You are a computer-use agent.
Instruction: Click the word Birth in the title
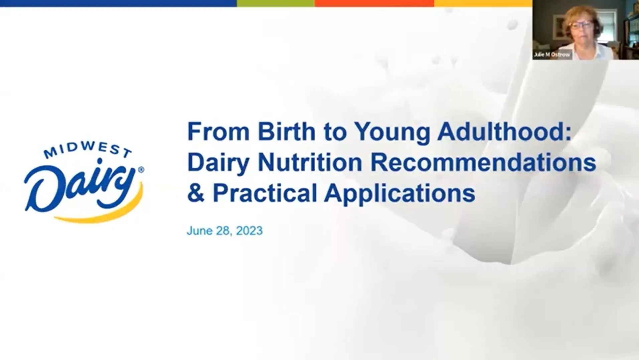tap(286, 132)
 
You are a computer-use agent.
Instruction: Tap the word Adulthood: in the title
tap(504, 132)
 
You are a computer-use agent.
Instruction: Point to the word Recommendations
tap(483, 163)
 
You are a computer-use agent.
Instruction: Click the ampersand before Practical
tap(195, 193)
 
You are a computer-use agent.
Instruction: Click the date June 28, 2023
tap(224, 231)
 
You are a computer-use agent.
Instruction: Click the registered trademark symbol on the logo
tap(141, 170)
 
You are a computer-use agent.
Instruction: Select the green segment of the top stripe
tap(275, 3)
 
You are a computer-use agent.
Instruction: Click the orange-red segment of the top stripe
tap(374, 3)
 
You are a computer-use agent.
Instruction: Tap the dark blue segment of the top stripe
tap(118, 3)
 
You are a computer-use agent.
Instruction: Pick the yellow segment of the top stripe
tap(483, 3)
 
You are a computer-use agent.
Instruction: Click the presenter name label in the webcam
tap(552, 54)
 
